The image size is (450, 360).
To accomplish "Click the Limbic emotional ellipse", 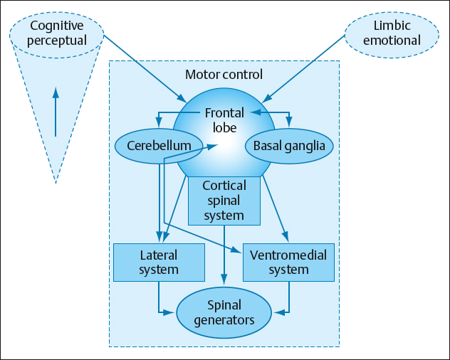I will coord(391,32).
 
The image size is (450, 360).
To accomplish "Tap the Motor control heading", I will coord(224,75).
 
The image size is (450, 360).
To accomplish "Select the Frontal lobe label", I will coord(224,120).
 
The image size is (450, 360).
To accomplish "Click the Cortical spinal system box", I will coord(224,201).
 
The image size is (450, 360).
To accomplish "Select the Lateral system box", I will coord(159,262).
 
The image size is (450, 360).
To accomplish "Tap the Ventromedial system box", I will coord(288,262).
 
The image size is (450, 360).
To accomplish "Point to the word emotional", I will coord(392,40).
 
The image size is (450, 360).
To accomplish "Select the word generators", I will coord(224,320).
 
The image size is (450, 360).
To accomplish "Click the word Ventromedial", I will coord(288,254).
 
